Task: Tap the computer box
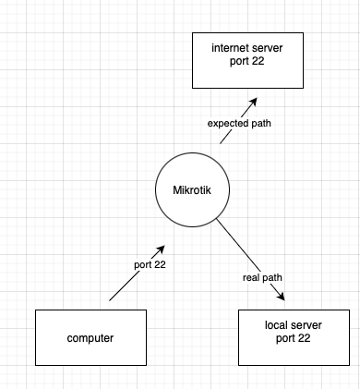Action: coord(90,337)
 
